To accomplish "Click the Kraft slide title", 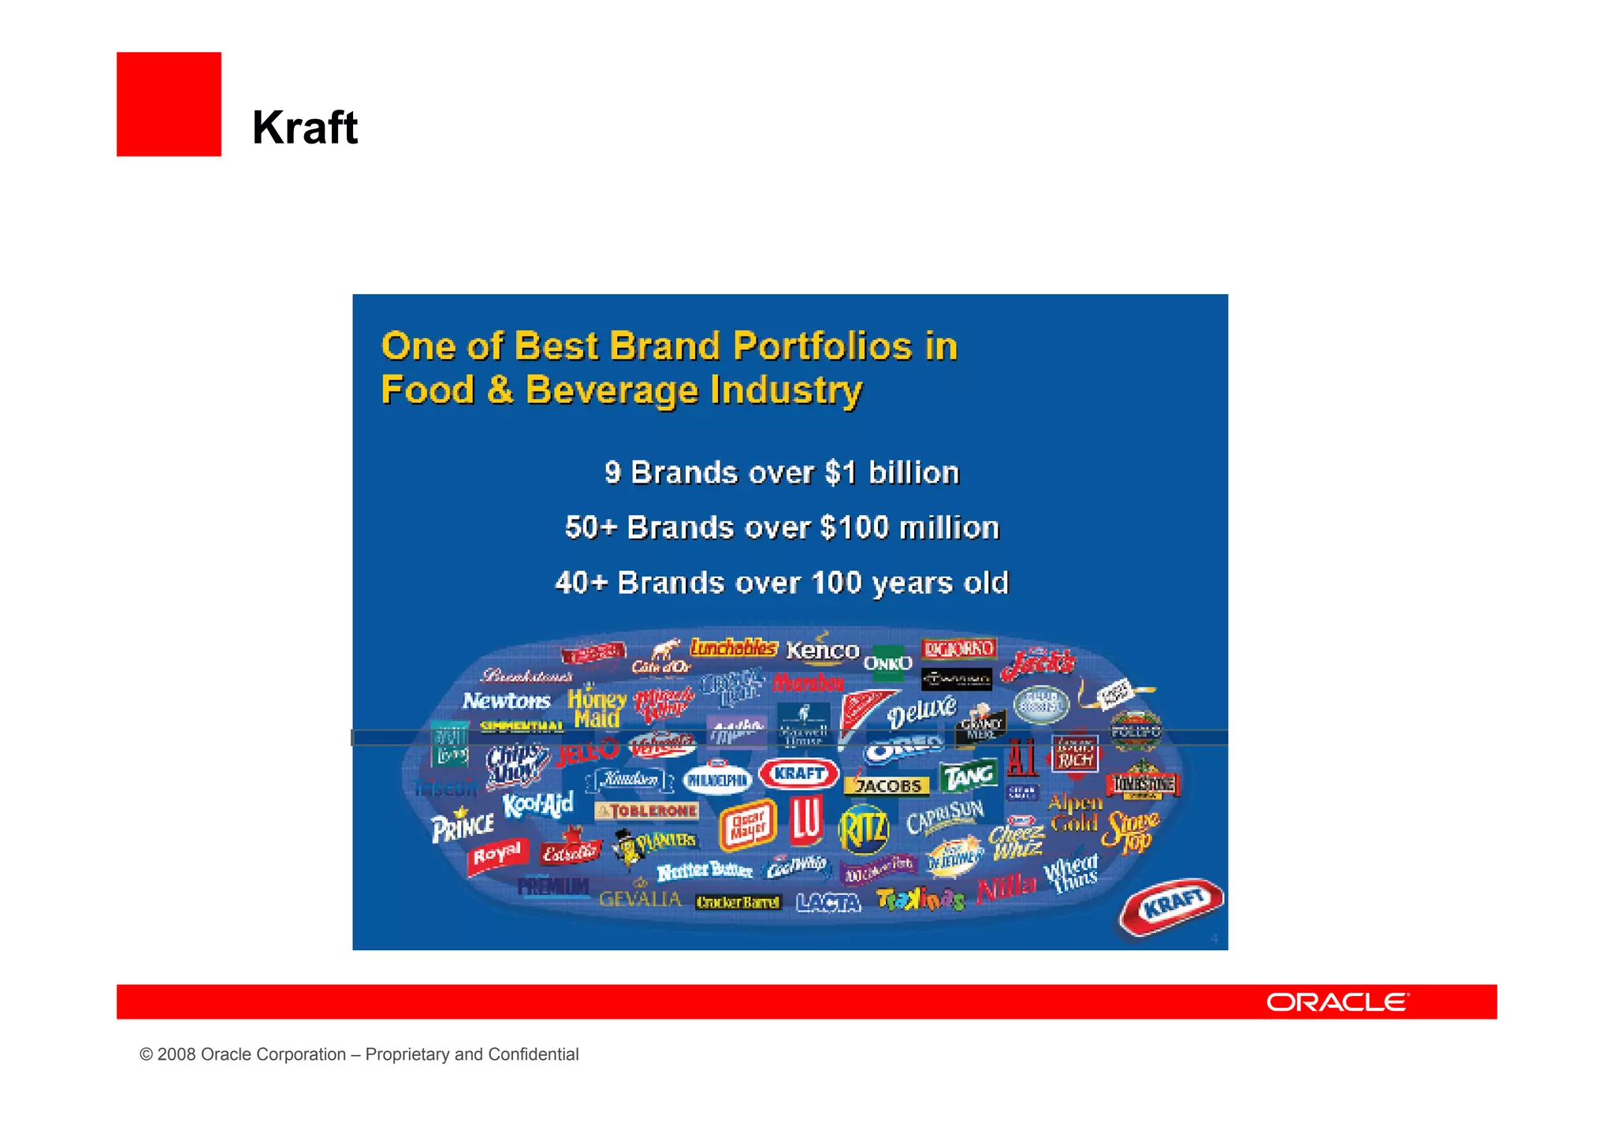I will (x=305, y=128).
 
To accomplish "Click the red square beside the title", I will (x=169, y=104).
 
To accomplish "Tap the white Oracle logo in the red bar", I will (x=1337, y=1002).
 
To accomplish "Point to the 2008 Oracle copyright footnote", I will (x=359, y=1054).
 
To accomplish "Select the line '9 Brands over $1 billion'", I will (x=782, y=472).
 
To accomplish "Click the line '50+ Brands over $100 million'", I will (x=782, y=528).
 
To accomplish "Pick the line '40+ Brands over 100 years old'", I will (x=782, y=583).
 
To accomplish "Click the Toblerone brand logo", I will (x=647, y=811).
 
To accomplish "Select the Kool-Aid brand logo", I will (x=538, y=805).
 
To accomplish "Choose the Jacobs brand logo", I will (x=887, y=785).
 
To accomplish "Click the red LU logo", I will (x=806, y=819).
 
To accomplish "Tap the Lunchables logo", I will (x=734, y=648).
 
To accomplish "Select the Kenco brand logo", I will (x=822, y=650).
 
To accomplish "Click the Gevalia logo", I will (x=640, y=899).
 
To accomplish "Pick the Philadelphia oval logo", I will (x=717, y=780).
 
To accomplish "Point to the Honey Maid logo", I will (x=597, y=707).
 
